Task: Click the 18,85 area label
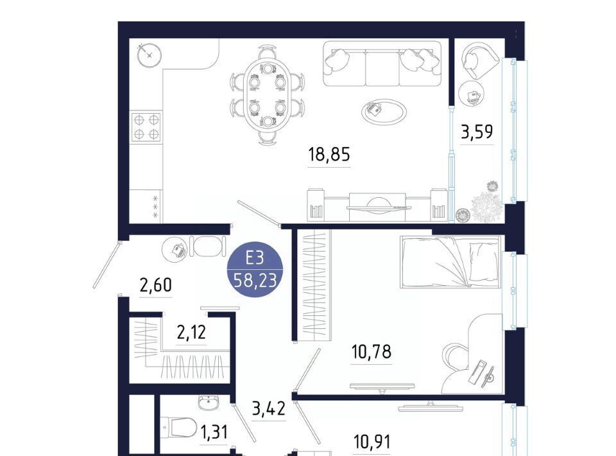pyautogui.click(x=329, y=154)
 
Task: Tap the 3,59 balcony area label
pyautogui.click(x=477, y=132)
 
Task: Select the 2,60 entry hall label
pyautogui.click(x=155, y=285)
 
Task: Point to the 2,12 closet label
pyautogui.click(x=191, y=333)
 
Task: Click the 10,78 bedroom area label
pyautogui.click(x=372, y=351)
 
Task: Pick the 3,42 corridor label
pyautogui.click(x=268, y=408)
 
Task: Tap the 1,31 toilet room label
pyautogui.click(x=214, y=432)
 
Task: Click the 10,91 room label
pyautogui.click(x=372, y=441)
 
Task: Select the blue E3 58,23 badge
pyautogui.click(x=255, y=269)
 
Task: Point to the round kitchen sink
pyautogui.click(x=150, y=55)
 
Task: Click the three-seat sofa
pyautogui.click(x=382, y=64)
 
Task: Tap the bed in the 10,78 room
pyautogui.click(x=451, y=261)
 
